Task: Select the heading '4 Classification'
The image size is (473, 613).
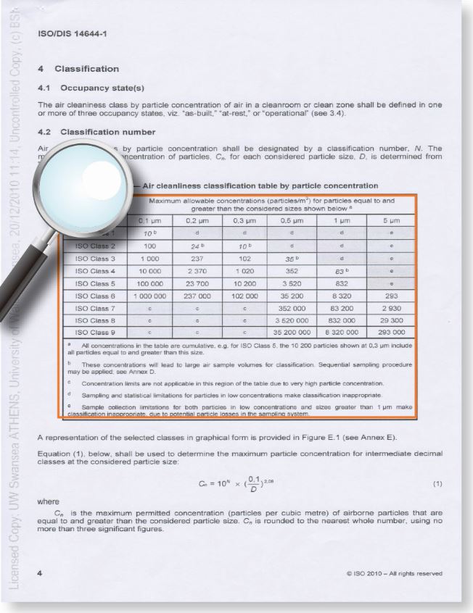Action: click(78, 69)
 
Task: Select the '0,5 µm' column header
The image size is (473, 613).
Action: click(292, 221)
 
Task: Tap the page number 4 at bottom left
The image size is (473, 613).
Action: click(40, 574)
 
